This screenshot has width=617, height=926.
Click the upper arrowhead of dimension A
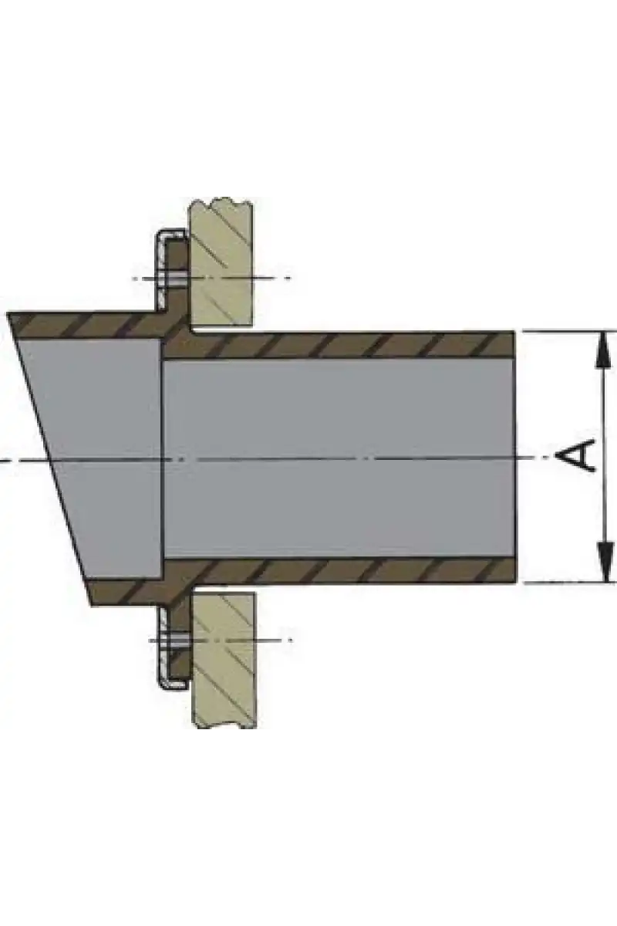604,350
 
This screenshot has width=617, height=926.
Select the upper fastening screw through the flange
173,278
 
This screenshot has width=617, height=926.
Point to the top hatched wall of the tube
339,344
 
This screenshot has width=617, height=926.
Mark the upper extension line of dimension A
569,331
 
